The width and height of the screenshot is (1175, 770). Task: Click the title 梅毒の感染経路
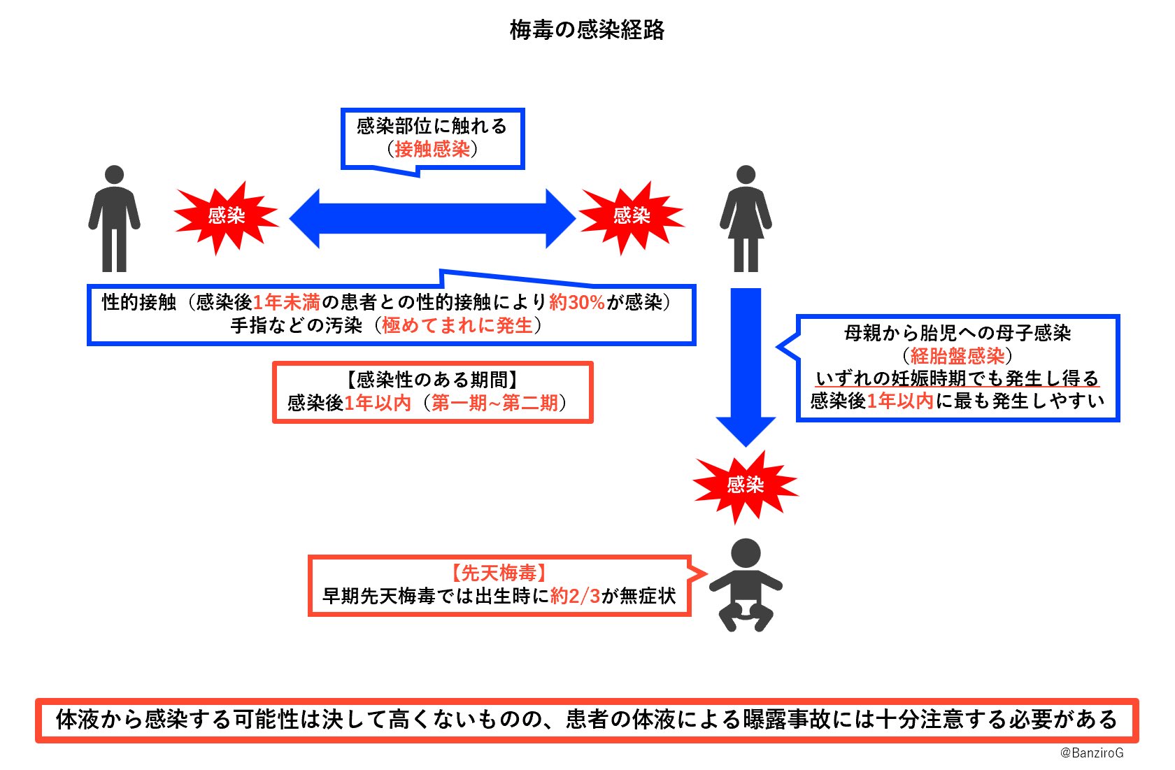[x=587, y=30]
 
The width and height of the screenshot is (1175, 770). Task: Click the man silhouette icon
[x=114, y=218]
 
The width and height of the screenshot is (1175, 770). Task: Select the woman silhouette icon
[x=746, y=218]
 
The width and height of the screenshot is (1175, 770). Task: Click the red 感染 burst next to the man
[x=226, y=216]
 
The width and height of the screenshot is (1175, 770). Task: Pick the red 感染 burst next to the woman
[x=632, y=216]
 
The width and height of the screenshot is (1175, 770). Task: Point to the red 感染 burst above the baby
[x=745, y=485]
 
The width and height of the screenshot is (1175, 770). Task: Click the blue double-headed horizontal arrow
[x=432, y=218]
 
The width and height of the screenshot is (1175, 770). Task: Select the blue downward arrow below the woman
[x=746, y=364]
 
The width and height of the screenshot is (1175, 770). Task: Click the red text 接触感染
[x=432, y=149]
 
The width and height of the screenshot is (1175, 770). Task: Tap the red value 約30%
[x=577, y=302]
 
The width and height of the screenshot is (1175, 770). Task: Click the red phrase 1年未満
[x=286, y=302]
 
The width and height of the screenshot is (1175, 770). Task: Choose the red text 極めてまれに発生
[x=457, y=325]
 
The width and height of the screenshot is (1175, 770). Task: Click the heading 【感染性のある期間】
[x=432, y=380]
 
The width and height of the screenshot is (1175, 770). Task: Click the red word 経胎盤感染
[x=957, y=356]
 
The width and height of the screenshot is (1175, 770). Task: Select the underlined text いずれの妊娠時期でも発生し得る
[x=957, y=378]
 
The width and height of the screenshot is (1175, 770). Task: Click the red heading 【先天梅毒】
[x=499, y=573]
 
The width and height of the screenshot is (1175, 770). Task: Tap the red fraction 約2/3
[x=575, y=597]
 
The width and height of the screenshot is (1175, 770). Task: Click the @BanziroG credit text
[x=1092, y=753]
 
